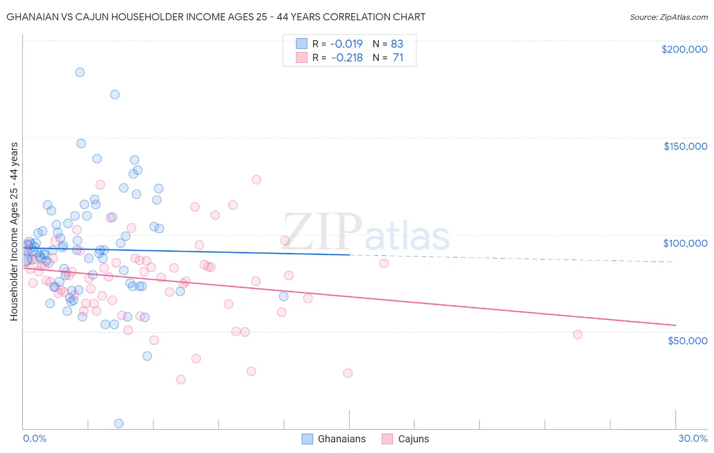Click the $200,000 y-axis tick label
point(684,49)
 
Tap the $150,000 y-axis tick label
point(685,146)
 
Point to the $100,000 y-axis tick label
point(685,243)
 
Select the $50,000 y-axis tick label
point(687,340)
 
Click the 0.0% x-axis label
point(35,438)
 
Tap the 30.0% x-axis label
point(693,438)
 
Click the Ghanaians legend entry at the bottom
point(334,439)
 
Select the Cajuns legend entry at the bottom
point(405,439)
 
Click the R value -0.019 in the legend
point(347,44)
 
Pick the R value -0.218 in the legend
point(347,58)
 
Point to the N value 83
point(397,44)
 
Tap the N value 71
point(398,58)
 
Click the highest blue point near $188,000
point(80,72)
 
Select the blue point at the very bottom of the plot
point(119,423)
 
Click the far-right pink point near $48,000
point(577,334)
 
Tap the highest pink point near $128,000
point(256,179)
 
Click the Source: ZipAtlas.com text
point(669,17)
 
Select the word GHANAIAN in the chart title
point(32,17)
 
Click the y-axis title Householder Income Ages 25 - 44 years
point(14,232)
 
